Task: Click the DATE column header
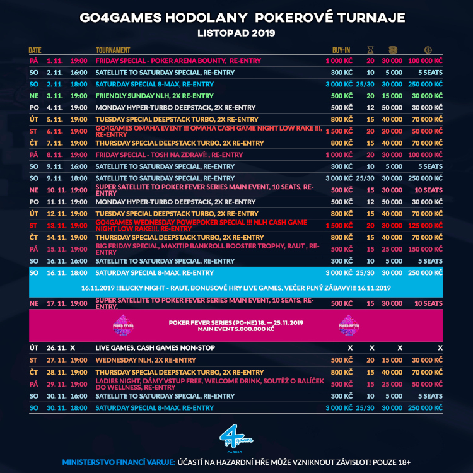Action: [x=35, y=50]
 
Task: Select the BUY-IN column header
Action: [x=341, y=50]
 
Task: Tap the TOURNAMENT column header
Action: [x=113, y=50]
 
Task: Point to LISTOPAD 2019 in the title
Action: [x=237, y=31]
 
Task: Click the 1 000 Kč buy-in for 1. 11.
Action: [x=339, y=61]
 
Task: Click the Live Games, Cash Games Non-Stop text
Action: [x=155, y=348]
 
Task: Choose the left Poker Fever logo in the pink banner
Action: [x=119, y=325]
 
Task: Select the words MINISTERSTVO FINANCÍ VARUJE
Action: [x=118, y=462]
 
